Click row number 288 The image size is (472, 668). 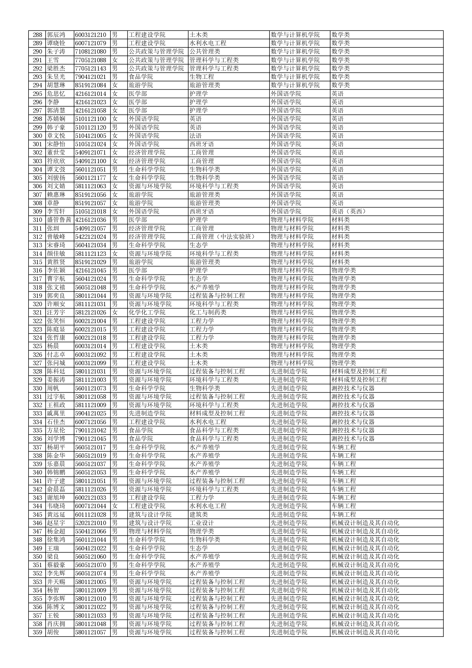37,35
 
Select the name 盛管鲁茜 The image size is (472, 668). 59,220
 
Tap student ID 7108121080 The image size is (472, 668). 91,52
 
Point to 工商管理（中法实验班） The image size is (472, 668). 222,237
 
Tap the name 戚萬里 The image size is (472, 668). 56,413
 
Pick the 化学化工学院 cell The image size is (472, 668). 147,313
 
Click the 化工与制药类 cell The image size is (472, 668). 208,313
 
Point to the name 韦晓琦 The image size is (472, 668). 56,506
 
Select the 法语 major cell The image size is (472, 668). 196,136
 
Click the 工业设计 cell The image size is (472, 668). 202,523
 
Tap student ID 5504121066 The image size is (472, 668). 91,531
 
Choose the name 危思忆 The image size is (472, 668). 56,94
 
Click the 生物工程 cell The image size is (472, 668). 202,77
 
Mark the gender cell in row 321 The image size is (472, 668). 115,313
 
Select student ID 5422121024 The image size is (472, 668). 91,237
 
